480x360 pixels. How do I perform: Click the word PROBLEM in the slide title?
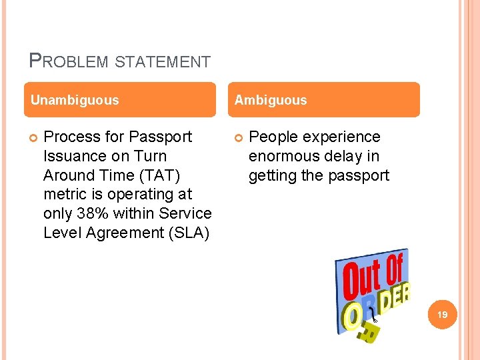click(x=69, y=62)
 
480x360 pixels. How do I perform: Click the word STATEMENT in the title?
click(x=163, y=63)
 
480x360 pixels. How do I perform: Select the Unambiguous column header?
click(x=75, y=100)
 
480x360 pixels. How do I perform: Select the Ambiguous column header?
click(x=270, y=100)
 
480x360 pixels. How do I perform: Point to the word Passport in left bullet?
click(x=160, y=137)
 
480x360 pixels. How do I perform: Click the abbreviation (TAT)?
click(x=157, y=175)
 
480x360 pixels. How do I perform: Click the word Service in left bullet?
click(x=187, y=213)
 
